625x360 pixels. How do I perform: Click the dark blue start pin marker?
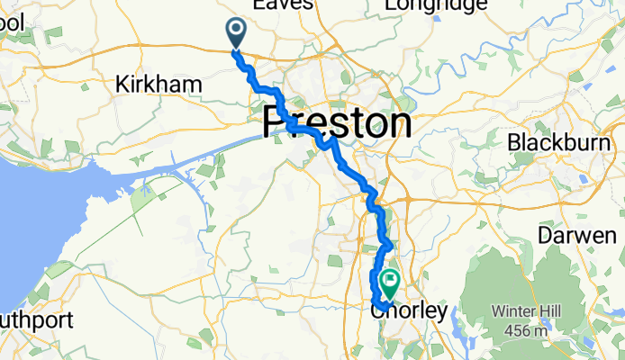pyautogui.click(x=237, y=32)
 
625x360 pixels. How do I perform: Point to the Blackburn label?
pyautogui.click(x=566, y=142)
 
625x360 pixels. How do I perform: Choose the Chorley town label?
pyautogui.click(x=409, y=311)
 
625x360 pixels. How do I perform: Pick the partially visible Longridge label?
pyautogui.click(x=436, y=5)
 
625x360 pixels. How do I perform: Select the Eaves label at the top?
pyautogui.click(x=283, y=4)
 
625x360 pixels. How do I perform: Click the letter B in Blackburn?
pyautogui.click(x=513, y=142)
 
